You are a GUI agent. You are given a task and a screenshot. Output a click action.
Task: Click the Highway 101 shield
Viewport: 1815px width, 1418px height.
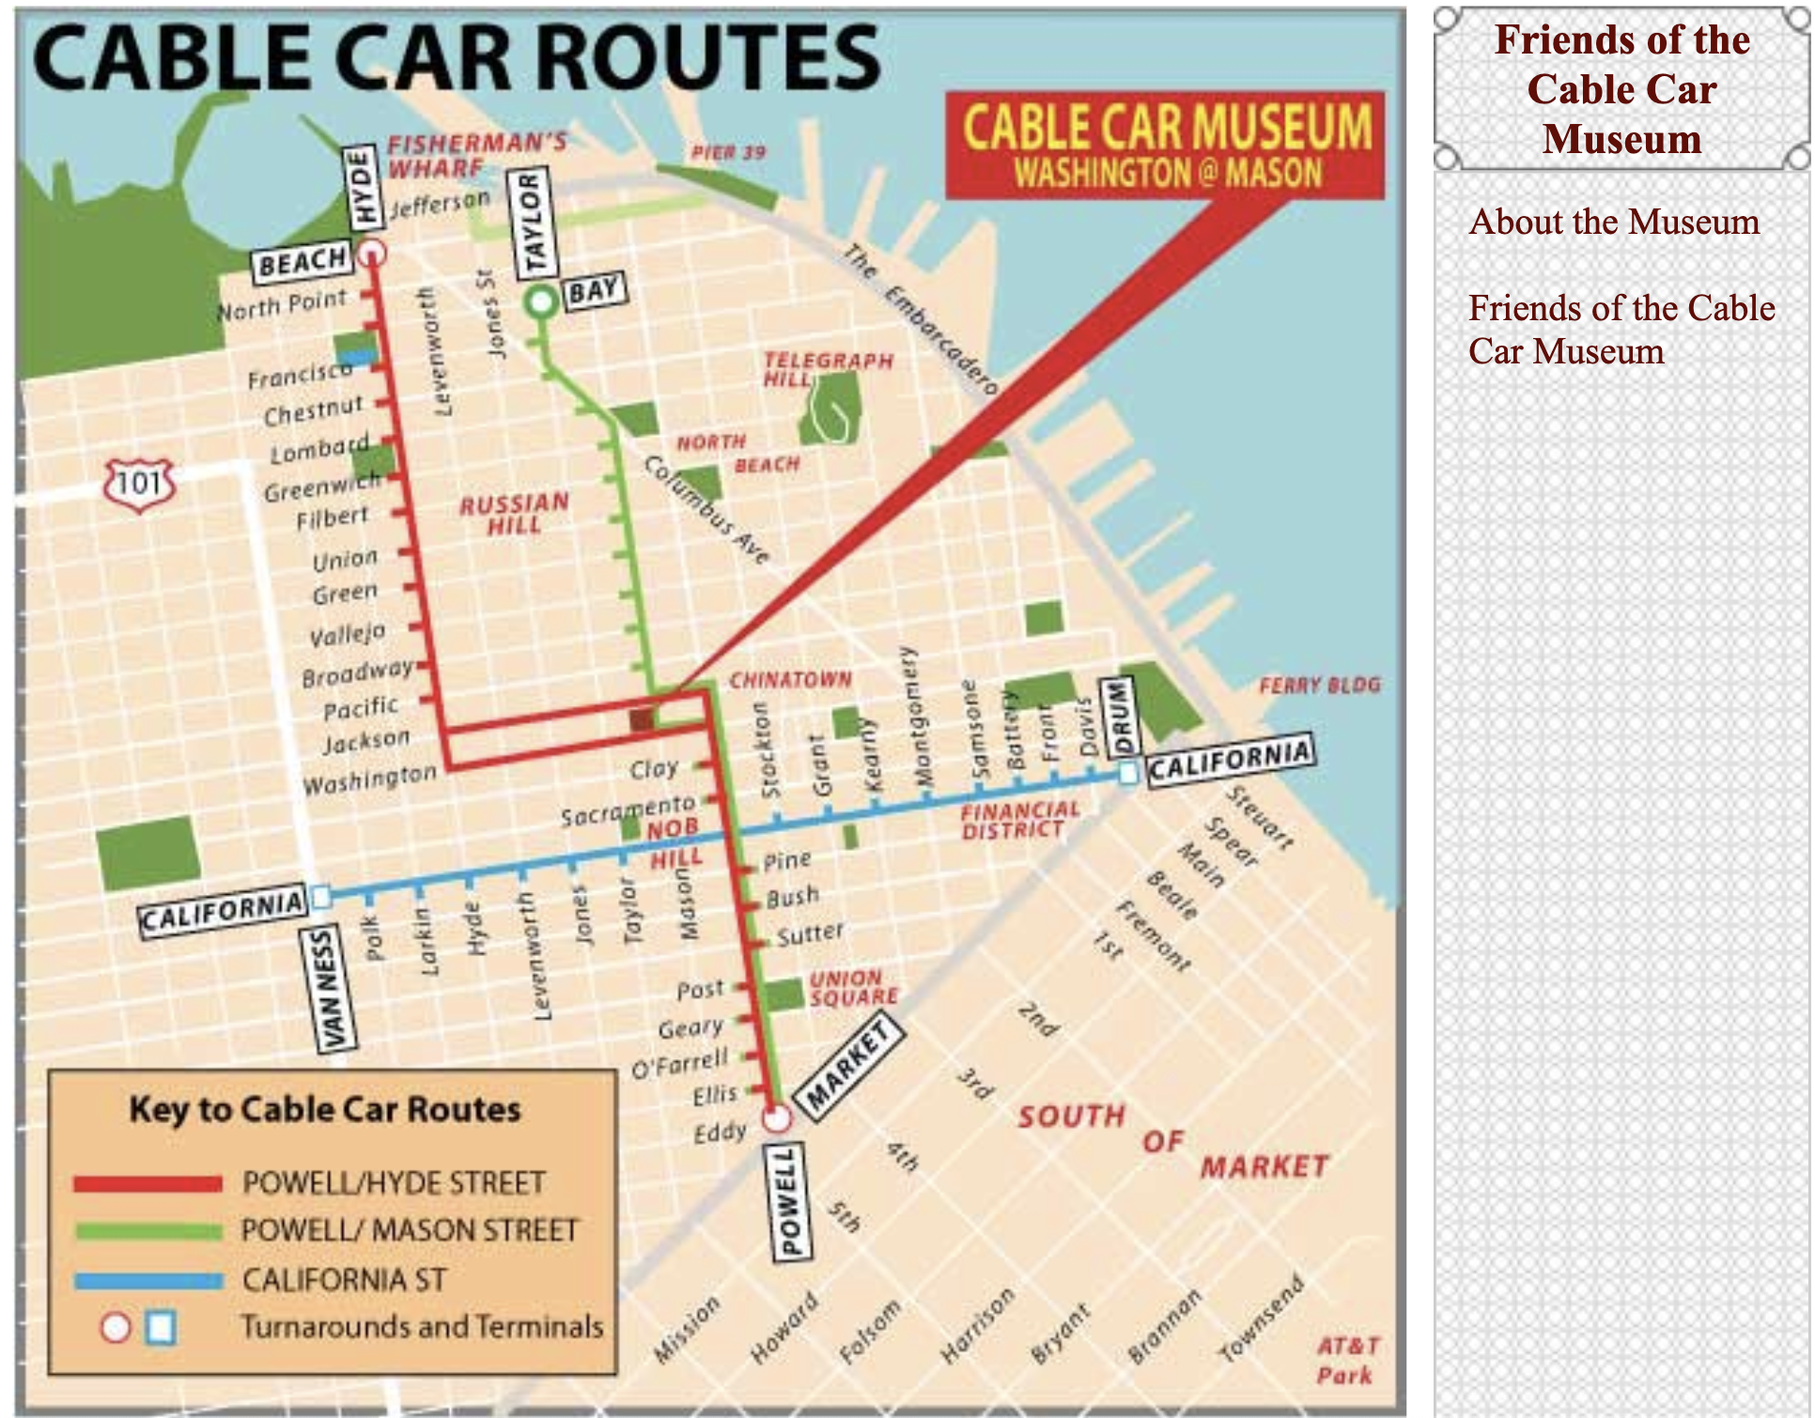click(x=140, y=484)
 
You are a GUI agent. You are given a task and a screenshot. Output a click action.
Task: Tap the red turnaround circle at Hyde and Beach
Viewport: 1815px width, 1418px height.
click(x=372, y=252)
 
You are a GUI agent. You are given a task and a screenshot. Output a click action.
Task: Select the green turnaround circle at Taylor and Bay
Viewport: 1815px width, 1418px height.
click(x=541, y=302)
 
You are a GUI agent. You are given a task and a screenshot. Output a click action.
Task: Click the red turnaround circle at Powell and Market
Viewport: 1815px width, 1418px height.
click(x=776, y=1117)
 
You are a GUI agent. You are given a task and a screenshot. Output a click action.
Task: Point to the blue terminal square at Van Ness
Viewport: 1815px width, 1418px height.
click(x=321, y=897)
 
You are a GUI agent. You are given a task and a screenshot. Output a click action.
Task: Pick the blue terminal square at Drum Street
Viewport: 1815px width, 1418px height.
click(x=1128, y=773)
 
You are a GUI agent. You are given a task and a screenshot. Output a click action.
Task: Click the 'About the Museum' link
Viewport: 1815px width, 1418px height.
click(x=1613, y=222)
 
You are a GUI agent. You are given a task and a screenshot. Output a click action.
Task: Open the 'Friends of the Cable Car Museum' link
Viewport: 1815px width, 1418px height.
click(x=1621, y=330)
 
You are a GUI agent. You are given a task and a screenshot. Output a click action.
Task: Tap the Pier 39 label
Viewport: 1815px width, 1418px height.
click(x=728, y=152)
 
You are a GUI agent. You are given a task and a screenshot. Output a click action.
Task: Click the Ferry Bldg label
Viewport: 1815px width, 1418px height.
click(x=1319, y=685)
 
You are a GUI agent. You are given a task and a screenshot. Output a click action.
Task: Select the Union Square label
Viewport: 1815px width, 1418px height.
click(x=853, y=987)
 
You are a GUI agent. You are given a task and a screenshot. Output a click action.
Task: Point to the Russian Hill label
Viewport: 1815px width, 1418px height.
click(x=514, y=514)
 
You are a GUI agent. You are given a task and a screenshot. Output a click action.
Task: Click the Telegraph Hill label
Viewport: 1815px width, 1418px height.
click(x=827, y=369)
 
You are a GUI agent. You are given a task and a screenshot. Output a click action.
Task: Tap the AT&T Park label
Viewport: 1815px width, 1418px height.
click(x=1347, y=1360)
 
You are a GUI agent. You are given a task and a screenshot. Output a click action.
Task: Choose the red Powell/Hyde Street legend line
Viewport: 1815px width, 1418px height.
click(x=147, y=1183)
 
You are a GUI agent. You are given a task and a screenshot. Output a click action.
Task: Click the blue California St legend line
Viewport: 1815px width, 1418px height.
click(x=147, y=1280)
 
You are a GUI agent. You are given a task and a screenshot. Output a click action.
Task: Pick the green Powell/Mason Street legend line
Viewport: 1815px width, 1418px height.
click(x=147, y=1231)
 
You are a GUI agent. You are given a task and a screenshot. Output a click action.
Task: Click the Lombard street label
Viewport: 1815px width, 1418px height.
click(x=318, y=450)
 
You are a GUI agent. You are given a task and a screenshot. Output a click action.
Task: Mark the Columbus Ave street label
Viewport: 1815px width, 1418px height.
click(x=706, y=510)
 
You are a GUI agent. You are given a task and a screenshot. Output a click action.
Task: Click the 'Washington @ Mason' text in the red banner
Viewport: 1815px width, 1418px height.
click(x=1167, y=173)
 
